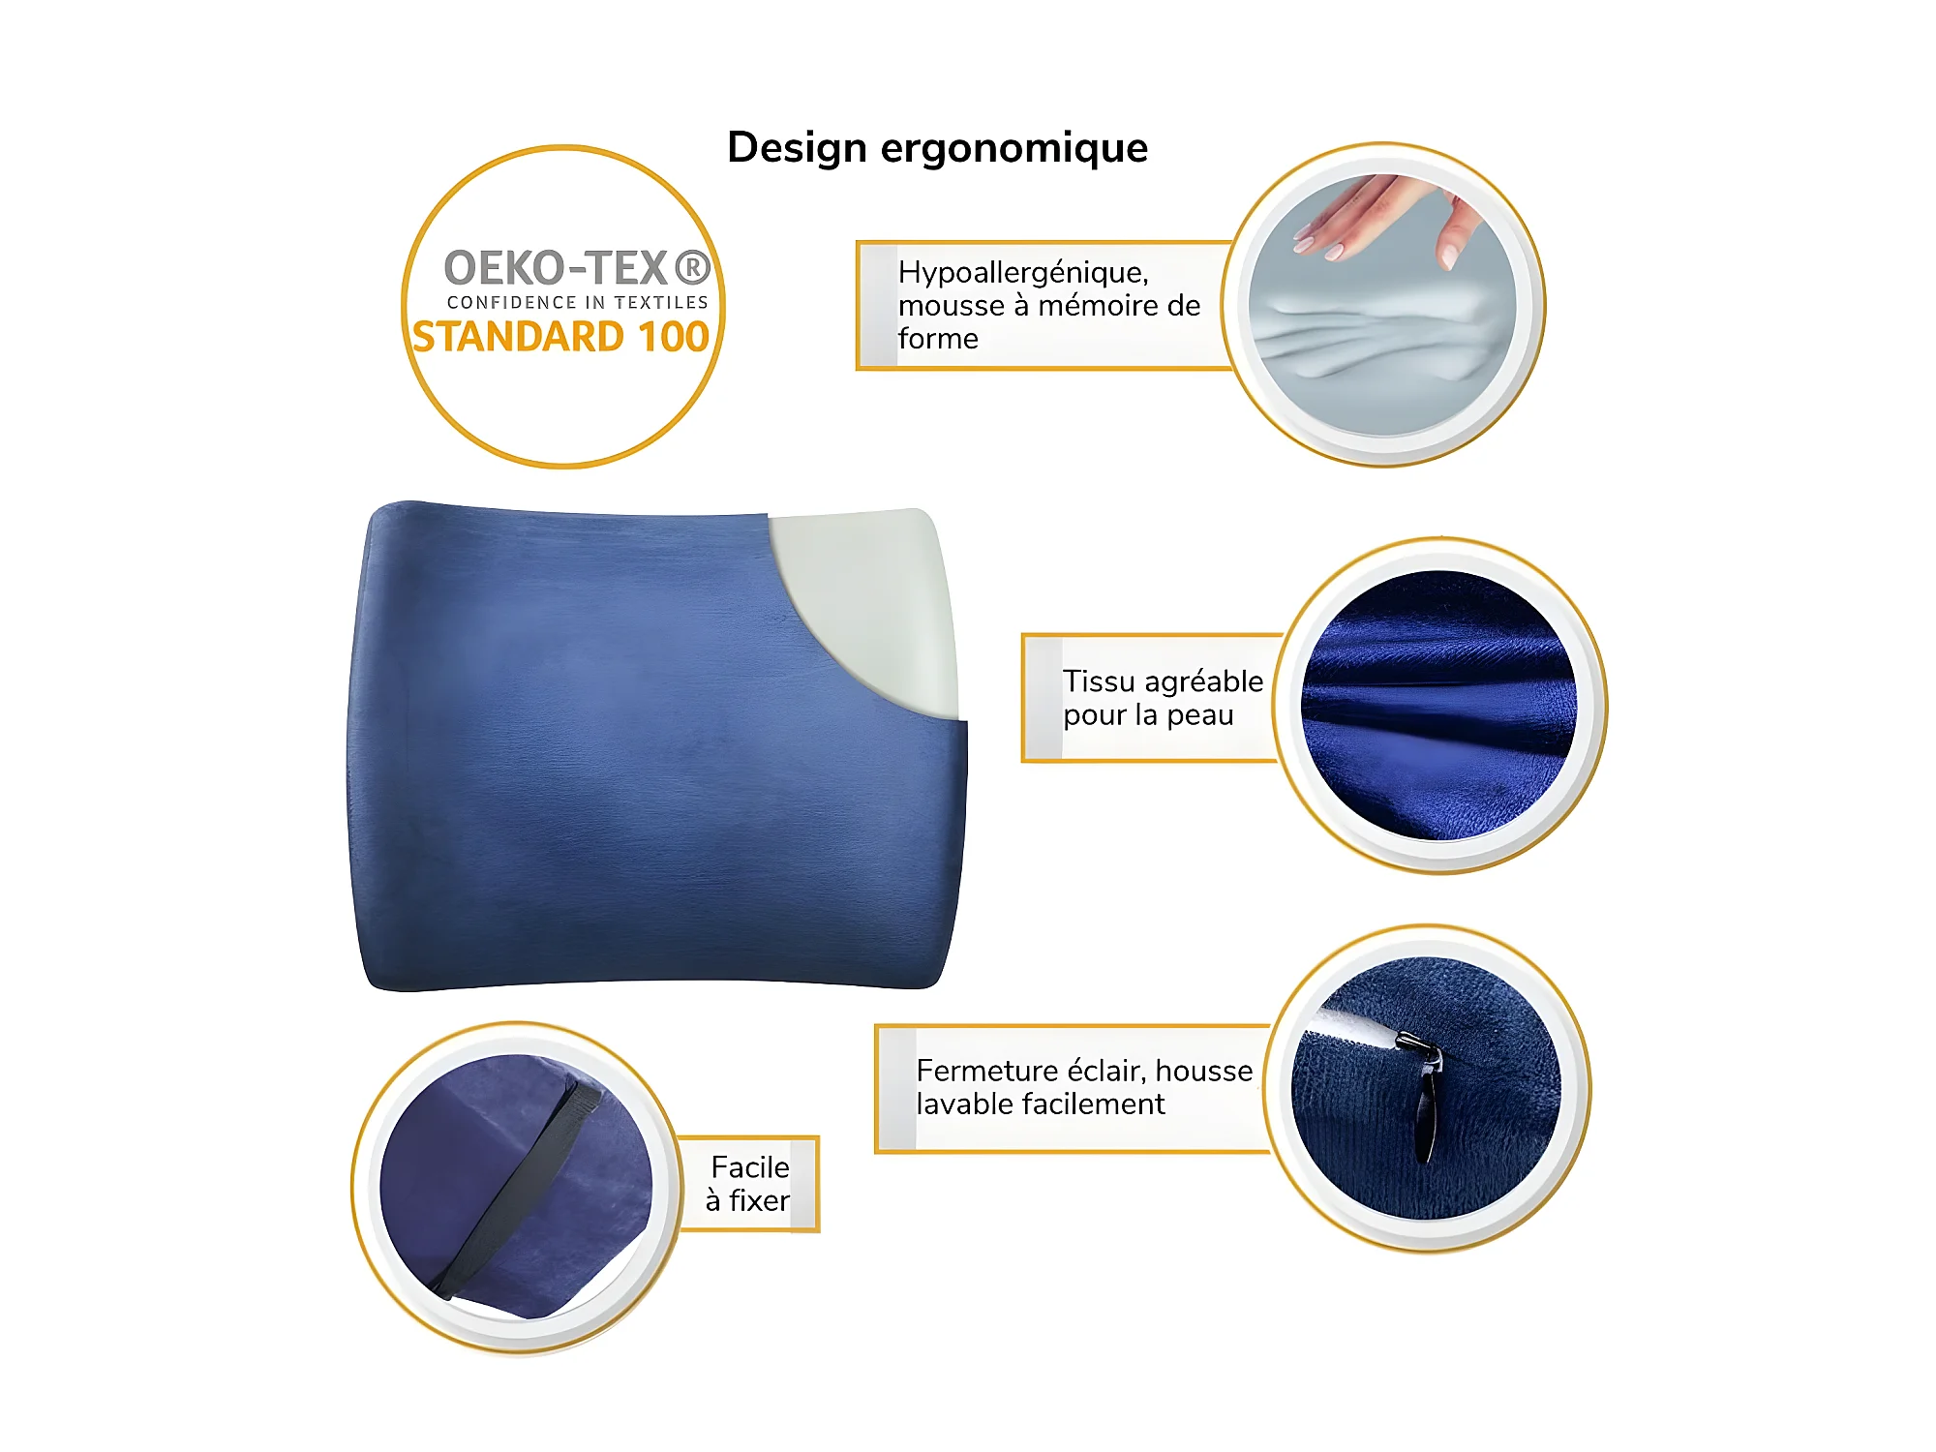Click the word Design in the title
[x=797, y=148]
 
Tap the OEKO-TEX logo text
[x=577, y=268]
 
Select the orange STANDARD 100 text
[x=561, y=337]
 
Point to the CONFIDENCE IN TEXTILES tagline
[x=578, y=303]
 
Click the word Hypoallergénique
[x=1023, y=274]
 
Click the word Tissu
[x=1100, y=681]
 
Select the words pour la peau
[x=1149, y=716]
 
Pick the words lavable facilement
[x=1041, y=1104]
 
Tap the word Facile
[x=750, y=1167]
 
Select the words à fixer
[x=748, y=1201]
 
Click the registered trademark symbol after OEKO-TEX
[x=692, y=268]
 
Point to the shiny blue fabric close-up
[x=1439, y=706]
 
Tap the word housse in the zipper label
[x=1204, y=1071]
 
